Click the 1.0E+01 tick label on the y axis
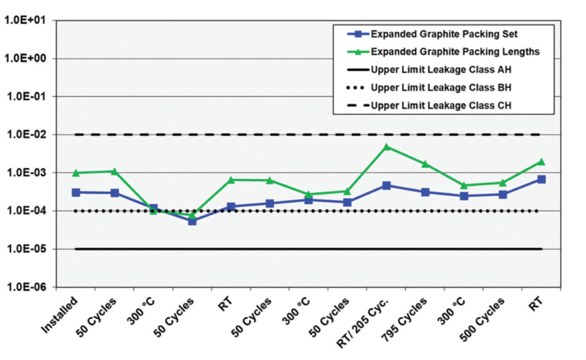click(28, 21)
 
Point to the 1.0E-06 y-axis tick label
click(28, 287)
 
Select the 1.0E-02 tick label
click(28, 135)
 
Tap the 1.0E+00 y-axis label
click(28, 59)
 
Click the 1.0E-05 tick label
click(28, 249)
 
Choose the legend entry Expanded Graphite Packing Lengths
click(455, 52)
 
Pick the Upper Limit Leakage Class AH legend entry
click(440, 70)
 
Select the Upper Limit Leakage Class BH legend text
click(440, 88)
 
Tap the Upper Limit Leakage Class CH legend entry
click(440, 106)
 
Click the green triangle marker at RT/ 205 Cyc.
click(386, 147)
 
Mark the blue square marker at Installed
click(76, 192)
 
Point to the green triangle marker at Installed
click(76, 173)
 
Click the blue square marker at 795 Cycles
click(425, 192)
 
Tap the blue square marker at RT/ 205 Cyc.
click(386, 185)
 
